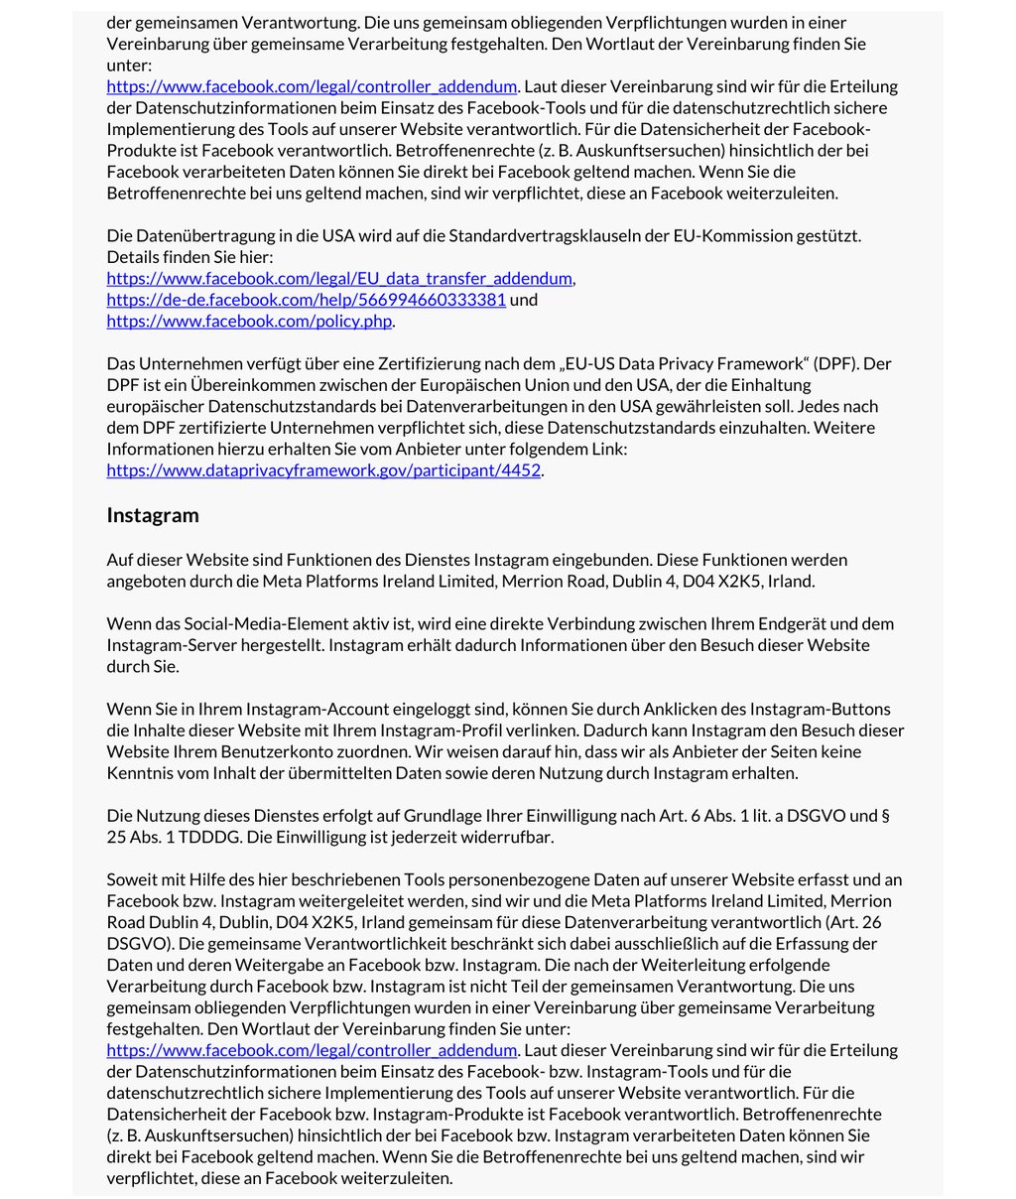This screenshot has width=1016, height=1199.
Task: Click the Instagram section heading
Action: (153, 515)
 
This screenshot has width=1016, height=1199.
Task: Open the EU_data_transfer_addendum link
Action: (339, 279)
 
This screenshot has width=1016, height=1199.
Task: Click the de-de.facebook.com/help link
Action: (306, 300)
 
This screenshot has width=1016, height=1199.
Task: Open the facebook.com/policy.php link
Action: (249, 322)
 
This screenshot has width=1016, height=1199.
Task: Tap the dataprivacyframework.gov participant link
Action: (323, 470)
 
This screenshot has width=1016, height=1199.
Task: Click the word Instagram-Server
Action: (173, 646)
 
